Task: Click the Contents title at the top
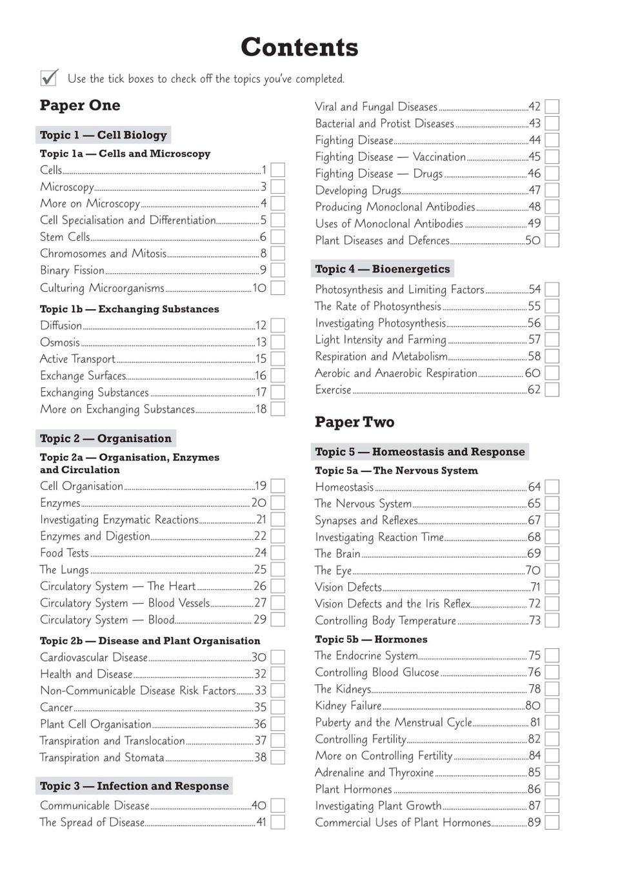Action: [x=299, y=47]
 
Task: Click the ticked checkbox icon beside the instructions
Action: [x=49, y=78]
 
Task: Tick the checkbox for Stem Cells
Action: [x=277, y=237]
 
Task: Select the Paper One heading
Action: [x=80, y=105]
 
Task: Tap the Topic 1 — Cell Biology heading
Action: [x=103, y=135]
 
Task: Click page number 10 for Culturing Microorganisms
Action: [x=259, y=288]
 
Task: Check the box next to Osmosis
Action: [x=277, y=342]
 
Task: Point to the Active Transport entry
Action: [x=77, y=359]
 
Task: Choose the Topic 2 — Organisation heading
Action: [x=106, y=438]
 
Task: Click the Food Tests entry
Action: [x=65, y=553]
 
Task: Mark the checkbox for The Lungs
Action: [x=277, y=569]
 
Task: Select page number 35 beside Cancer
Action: [x=260, y=708]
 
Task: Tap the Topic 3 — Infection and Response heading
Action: [x=134, y=786]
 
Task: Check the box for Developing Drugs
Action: [x=552, y=190]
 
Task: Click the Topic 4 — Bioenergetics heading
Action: [x=383, y=269]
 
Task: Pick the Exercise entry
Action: [x=333, y=390]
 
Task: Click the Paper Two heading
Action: [x=354, y=422]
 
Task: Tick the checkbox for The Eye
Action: [x=552, y=571]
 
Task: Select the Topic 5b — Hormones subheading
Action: [x=371, y=639]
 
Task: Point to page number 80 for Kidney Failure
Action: [x=533, y=706]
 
